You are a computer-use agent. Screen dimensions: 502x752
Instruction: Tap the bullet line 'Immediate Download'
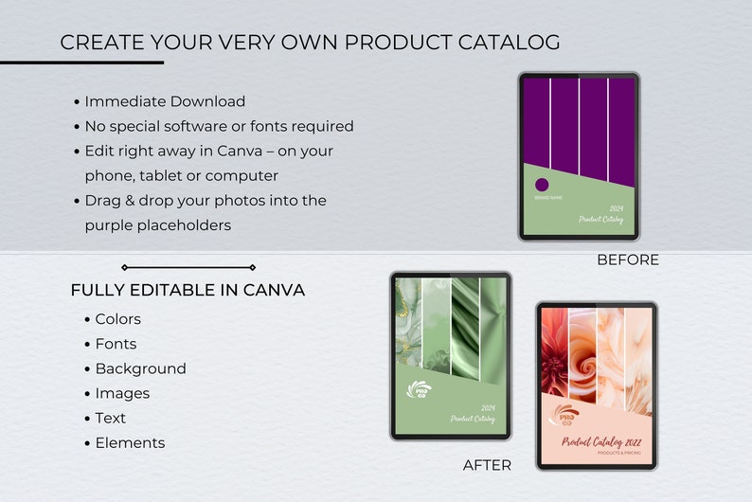coord(165,101)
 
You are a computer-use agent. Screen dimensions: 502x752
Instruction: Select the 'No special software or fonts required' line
coord(219,126)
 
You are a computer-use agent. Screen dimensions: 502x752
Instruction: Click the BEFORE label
coord(627,260)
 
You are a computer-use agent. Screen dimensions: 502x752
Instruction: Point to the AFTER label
coord(487,465)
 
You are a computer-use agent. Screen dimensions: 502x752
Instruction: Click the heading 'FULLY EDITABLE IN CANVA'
coord(188,291)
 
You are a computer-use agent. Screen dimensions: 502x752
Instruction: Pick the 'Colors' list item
coord(117,319)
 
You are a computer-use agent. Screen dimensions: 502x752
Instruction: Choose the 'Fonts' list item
coord(116,344)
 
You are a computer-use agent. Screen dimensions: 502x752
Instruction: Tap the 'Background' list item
coord(140,368)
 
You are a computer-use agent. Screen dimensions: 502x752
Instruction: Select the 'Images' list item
coord(122,393)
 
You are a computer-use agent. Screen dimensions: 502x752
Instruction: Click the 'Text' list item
coord(110,418)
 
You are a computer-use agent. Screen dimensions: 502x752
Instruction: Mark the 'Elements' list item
coord(130,442)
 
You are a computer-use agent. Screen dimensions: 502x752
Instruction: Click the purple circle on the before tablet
coord(543,186)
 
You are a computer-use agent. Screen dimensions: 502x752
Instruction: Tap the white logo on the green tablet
coord(418,390)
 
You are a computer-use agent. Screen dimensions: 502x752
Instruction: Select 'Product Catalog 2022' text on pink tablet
coord(599,441)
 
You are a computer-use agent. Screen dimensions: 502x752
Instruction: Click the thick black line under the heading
coord(81,63)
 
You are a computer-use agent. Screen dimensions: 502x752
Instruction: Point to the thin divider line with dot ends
coord(188,267)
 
